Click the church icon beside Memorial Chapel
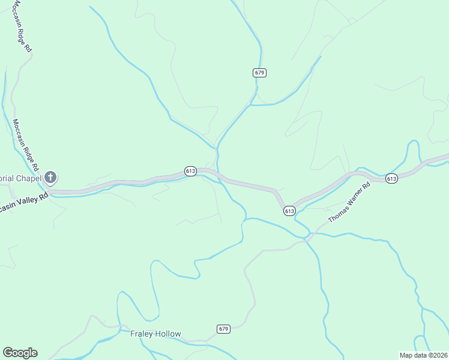pyautogui.click(x=51, y=177)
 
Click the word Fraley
pyautogui.click(x=141, y=334)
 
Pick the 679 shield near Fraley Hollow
pyautogui.click(x=223, y=329)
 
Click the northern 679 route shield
pyautogui.click(x=259, y=73)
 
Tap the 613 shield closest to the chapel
pyautogui.click(x=190, y=171)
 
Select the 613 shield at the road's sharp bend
pyautogui.click(x=289, y=211)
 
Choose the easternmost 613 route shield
pyautogui.click(x=391, y=178)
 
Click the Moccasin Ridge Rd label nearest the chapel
pyautogui.click(x=25, y=143)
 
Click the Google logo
pyautogui.click(x=20, y=353)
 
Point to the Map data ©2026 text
pyautogui.click(x=424, y=355)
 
